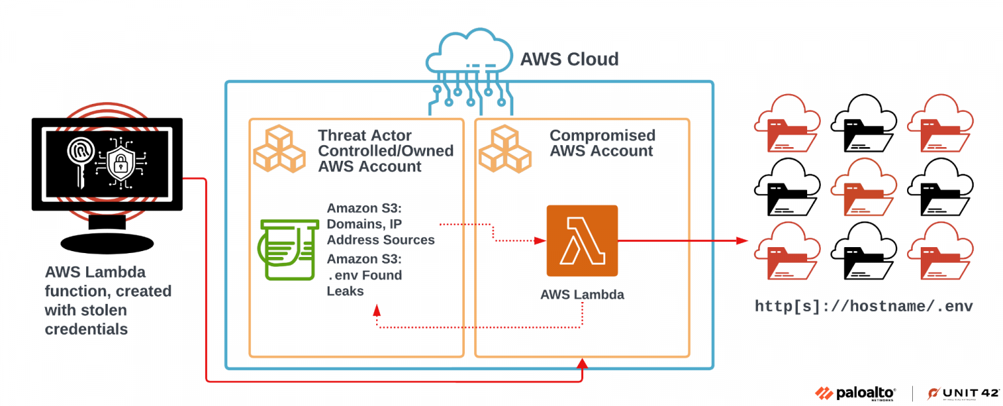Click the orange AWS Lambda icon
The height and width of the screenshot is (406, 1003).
582,241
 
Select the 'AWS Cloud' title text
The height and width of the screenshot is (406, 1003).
569,59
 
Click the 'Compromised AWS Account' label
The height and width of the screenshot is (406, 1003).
601,143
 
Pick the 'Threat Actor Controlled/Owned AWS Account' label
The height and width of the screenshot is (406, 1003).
385,151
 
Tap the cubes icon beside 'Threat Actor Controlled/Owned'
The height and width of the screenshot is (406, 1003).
279,148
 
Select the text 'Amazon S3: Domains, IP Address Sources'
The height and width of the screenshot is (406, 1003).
381,224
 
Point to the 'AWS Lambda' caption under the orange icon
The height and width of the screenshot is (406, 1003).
582,294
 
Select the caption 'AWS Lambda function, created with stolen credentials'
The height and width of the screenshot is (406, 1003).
108,300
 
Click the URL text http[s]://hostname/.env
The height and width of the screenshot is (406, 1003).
863,307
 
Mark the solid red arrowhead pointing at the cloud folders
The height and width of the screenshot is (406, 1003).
742,241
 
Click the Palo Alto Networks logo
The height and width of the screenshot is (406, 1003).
855,393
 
